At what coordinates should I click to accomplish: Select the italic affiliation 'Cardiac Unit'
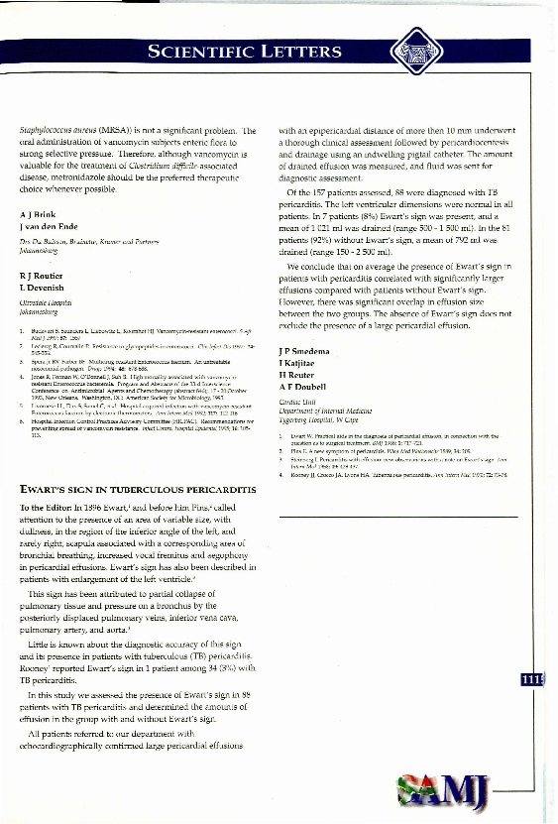tap(297, 402)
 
